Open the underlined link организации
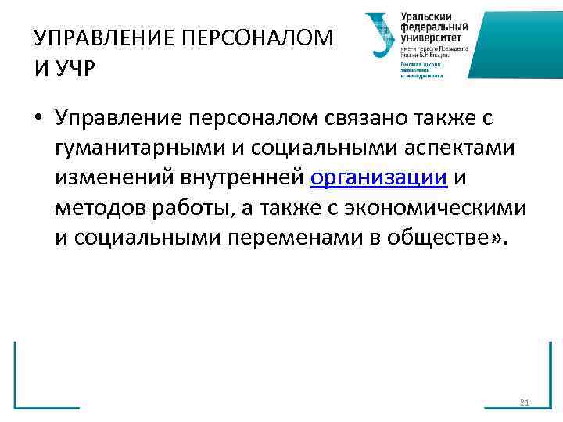[x=378, y=179]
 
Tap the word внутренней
[x=240, y=179]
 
